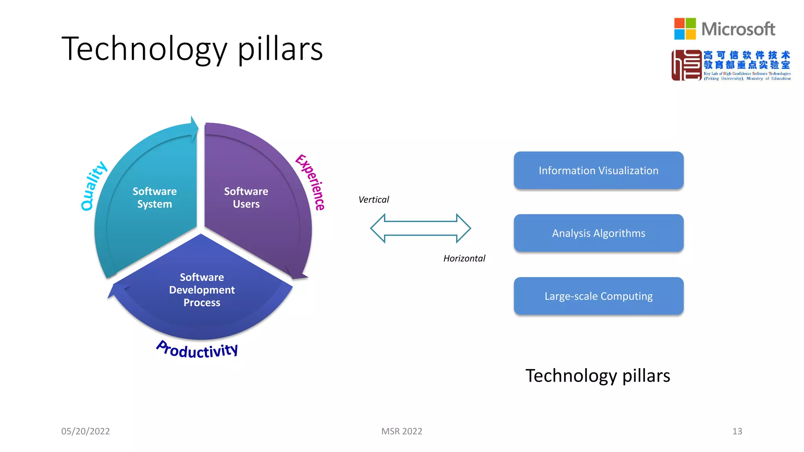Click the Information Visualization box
tap(598, 170)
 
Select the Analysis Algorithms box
tap(598, 233)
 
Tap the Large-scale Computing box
tap(598, 296)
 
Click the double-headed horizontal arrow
tap(420, 228)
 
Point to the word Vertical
tap(373, 200)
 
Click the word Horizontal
tap(464, 258)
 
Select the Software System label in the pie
tap(155, 197)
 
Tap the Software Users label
tap(246, 197)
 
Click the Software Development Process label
tap(202, 290)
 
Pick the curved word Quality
tap(93, 186)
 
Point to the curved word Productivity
tap(197, 350)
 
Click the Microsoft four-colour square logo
tap(685, 29)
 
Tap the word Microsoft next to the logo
tap(738, 29)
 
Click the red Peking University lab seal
tap(686, 65)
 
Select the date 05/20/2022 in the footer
tap(86, 431)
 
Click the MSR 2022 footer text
tap(402, 431)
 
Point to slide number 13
tap(737, 431)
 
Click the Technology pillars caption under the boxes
tap(598, 376)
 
